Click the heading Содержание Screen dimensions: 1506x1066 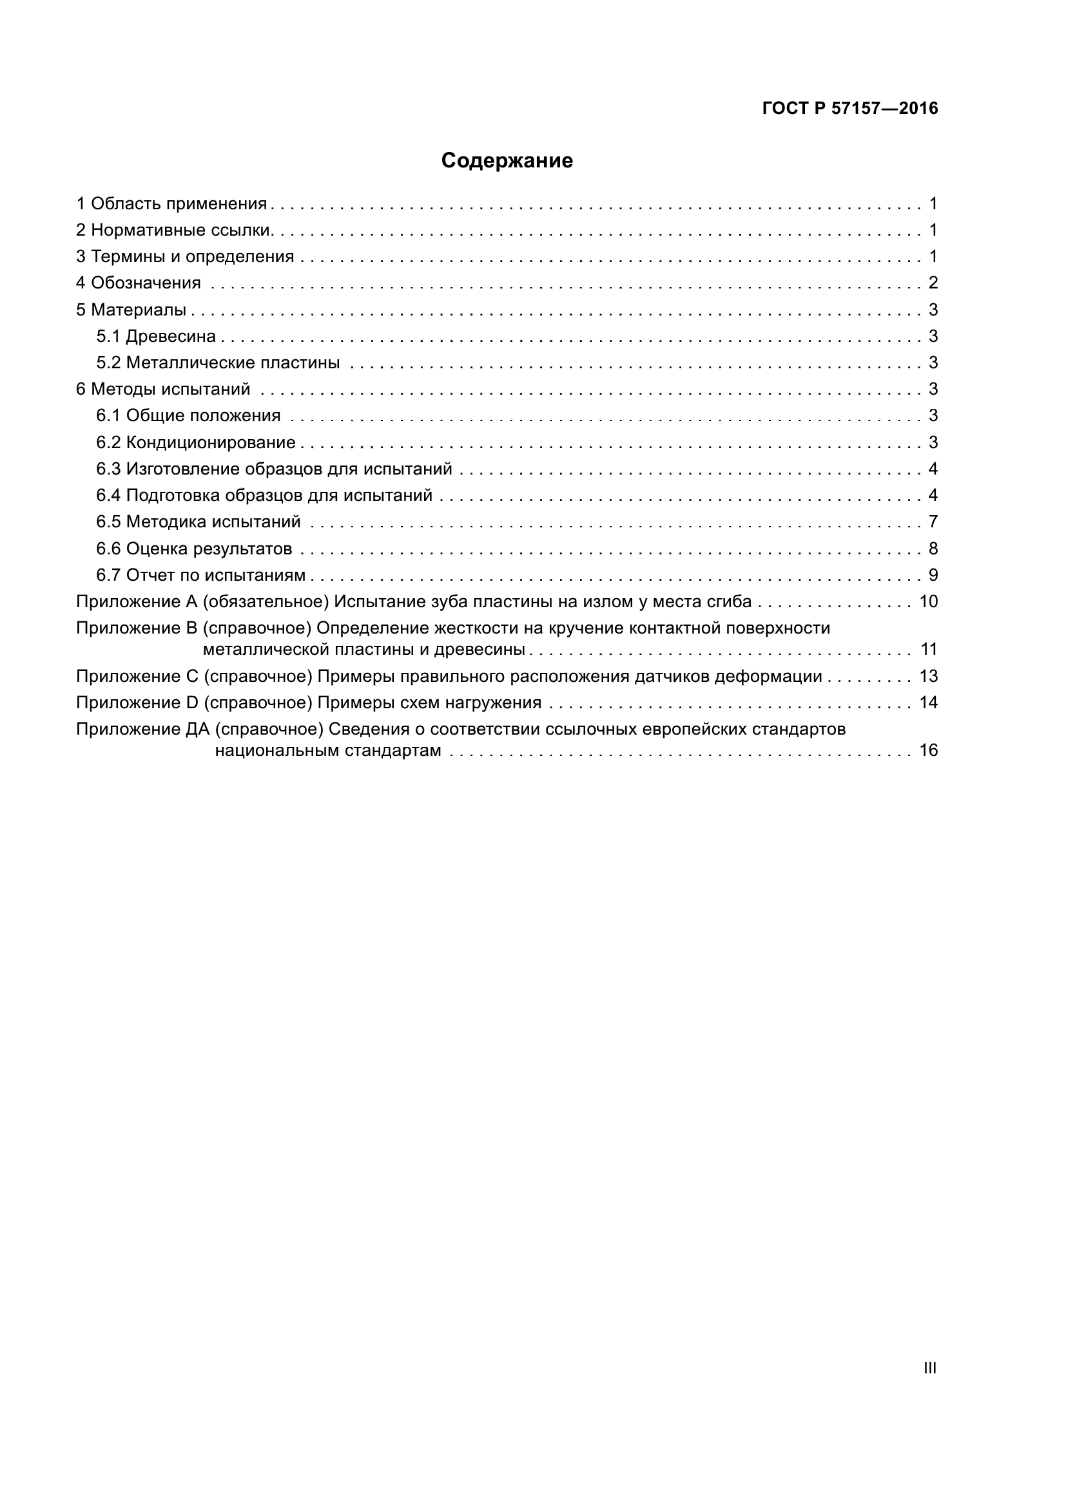click(506, 161)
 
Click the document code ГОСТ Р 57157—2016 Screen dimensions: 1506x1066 click(849, 109)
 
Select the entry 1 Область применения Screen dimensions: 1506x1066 click(171, 204)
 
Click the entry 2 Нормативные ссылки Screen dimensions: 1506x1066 click(174, 231)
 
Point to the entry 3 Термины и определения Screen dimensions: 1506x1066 click(185, 256)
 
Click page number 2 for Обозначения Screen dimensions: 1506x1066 click(933, 283)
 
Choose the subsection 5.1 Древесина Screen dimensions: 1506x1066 click(155, 337)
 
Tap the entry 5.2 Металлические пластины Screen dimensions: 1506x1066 click(218, 362)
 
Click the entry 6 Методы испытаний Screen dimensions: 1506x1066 click(163, 389)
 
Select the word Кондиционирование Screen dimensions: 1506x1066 click(211, 443)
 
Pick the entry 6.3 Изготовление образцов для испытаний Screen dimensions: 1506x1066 click(274, 469)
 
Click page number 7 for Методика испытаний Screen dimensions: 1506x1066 click(933, 522)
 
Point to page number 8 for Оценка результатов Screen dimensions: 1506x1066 click(933, 549)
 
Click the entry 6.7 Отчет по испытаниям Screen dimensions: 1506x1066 click(200, 575)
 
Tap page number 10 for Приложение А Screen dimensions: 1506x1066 click(928, 601)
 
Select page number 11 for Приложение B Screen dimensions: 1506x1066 click(928, 650)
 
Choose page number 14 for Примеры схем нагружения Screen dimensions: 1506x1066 click(928, 703)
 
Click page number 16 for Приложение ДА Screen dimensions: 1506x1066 click(928, 750)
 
